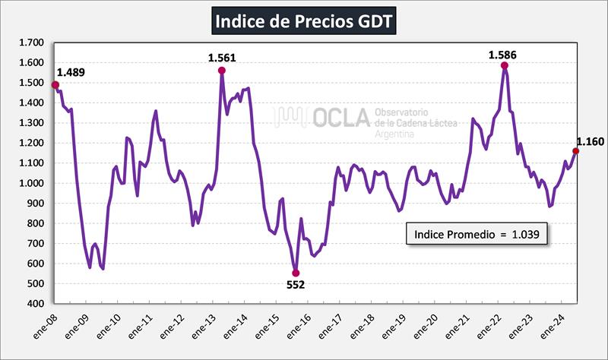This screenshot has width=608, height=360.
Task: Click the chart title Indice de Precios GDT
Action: [x=303, y=21]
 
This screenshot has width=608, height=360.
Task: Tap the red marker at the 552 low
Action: [x=296, y=273]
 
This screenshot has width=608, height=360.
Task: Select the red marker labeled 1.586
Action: [x=505, y=66]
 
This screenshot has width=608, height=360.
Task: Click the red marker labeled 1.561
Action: [x=222, y=71]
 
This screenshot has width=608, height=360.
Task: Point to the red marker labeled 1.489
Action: [x=55, y=85]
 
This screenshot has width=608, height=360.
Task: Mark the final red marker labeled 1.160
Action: [x=575, y=151]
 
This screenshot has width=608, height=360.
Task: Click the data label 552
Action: [x=295, y=286]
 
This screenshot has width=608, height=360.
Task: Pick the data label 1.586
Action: [x=503, y=54]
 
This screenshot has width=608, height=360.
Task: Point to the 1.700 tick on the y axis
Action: [x=35, y=43]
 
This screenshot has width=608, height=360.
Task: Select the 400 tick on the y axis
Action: [x=40, y=304]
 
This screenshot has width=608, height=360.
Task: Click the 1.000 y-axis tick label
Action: [x=35, y=183]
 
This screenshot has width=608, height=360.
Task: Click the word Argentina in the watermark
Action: [x=395, y=133]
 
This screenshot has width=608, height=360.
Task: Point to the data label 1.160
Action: [x=590, y=141]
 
